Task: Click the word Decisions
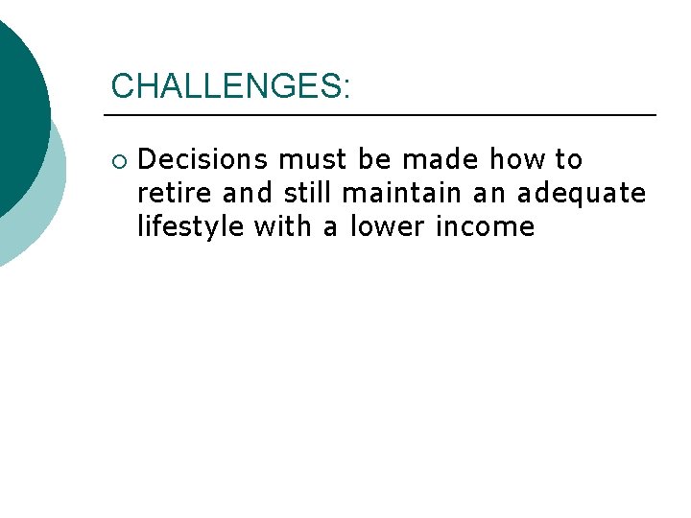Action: [203, 158]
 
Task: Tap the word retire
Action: [176, 193]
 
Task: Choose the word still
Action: [308, 193]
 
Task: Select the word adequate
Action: [582, 193]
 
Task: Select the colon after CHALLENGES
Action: [345, 87]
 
